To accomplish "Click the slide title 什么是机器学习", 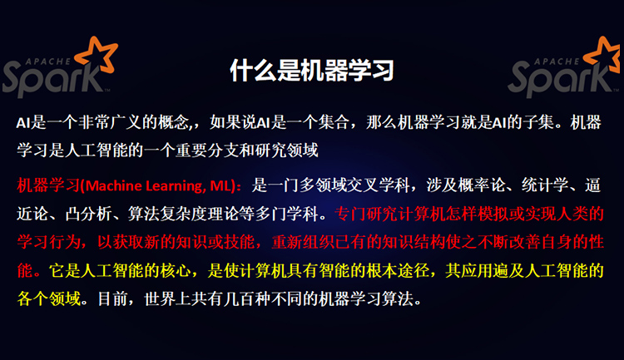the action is tap(312, 71).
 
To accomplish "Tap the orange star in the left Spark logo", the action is tap(97, 56).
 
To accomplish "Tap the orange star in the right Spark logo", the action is tap(603, 56).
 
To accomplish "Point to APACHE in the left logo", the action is tap(48, 62).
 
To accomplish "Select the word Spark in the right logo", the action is tap(559, 78).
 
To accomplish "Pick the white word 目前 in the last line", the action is tap(113, 299).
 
